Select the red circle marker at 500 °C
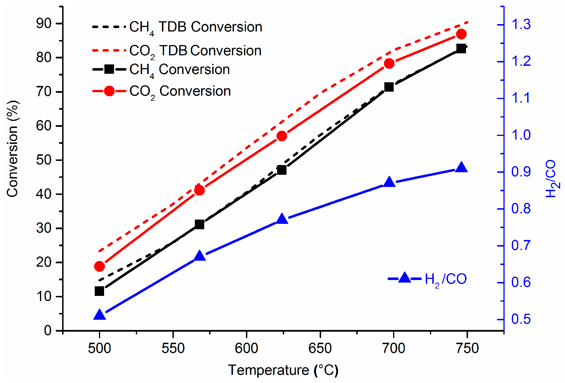coord(100,266)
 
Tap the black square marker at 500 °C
coord(100,291)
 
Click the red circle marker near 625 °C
coord(282,136)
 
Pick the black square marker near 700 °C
coord(389,87)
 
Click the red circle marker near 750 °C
coord(461,34)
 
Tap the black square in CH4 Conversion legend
coord(109,69)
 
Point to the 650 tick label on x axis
coord(320,348)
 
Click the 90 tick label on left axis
coord(44,24)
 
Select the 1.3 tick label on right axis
coord(521,24)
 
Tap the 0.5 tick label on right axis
coord(521,319)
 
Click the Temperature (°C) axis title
coord(283,370)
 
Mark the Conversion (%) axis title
coord(12,149)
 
